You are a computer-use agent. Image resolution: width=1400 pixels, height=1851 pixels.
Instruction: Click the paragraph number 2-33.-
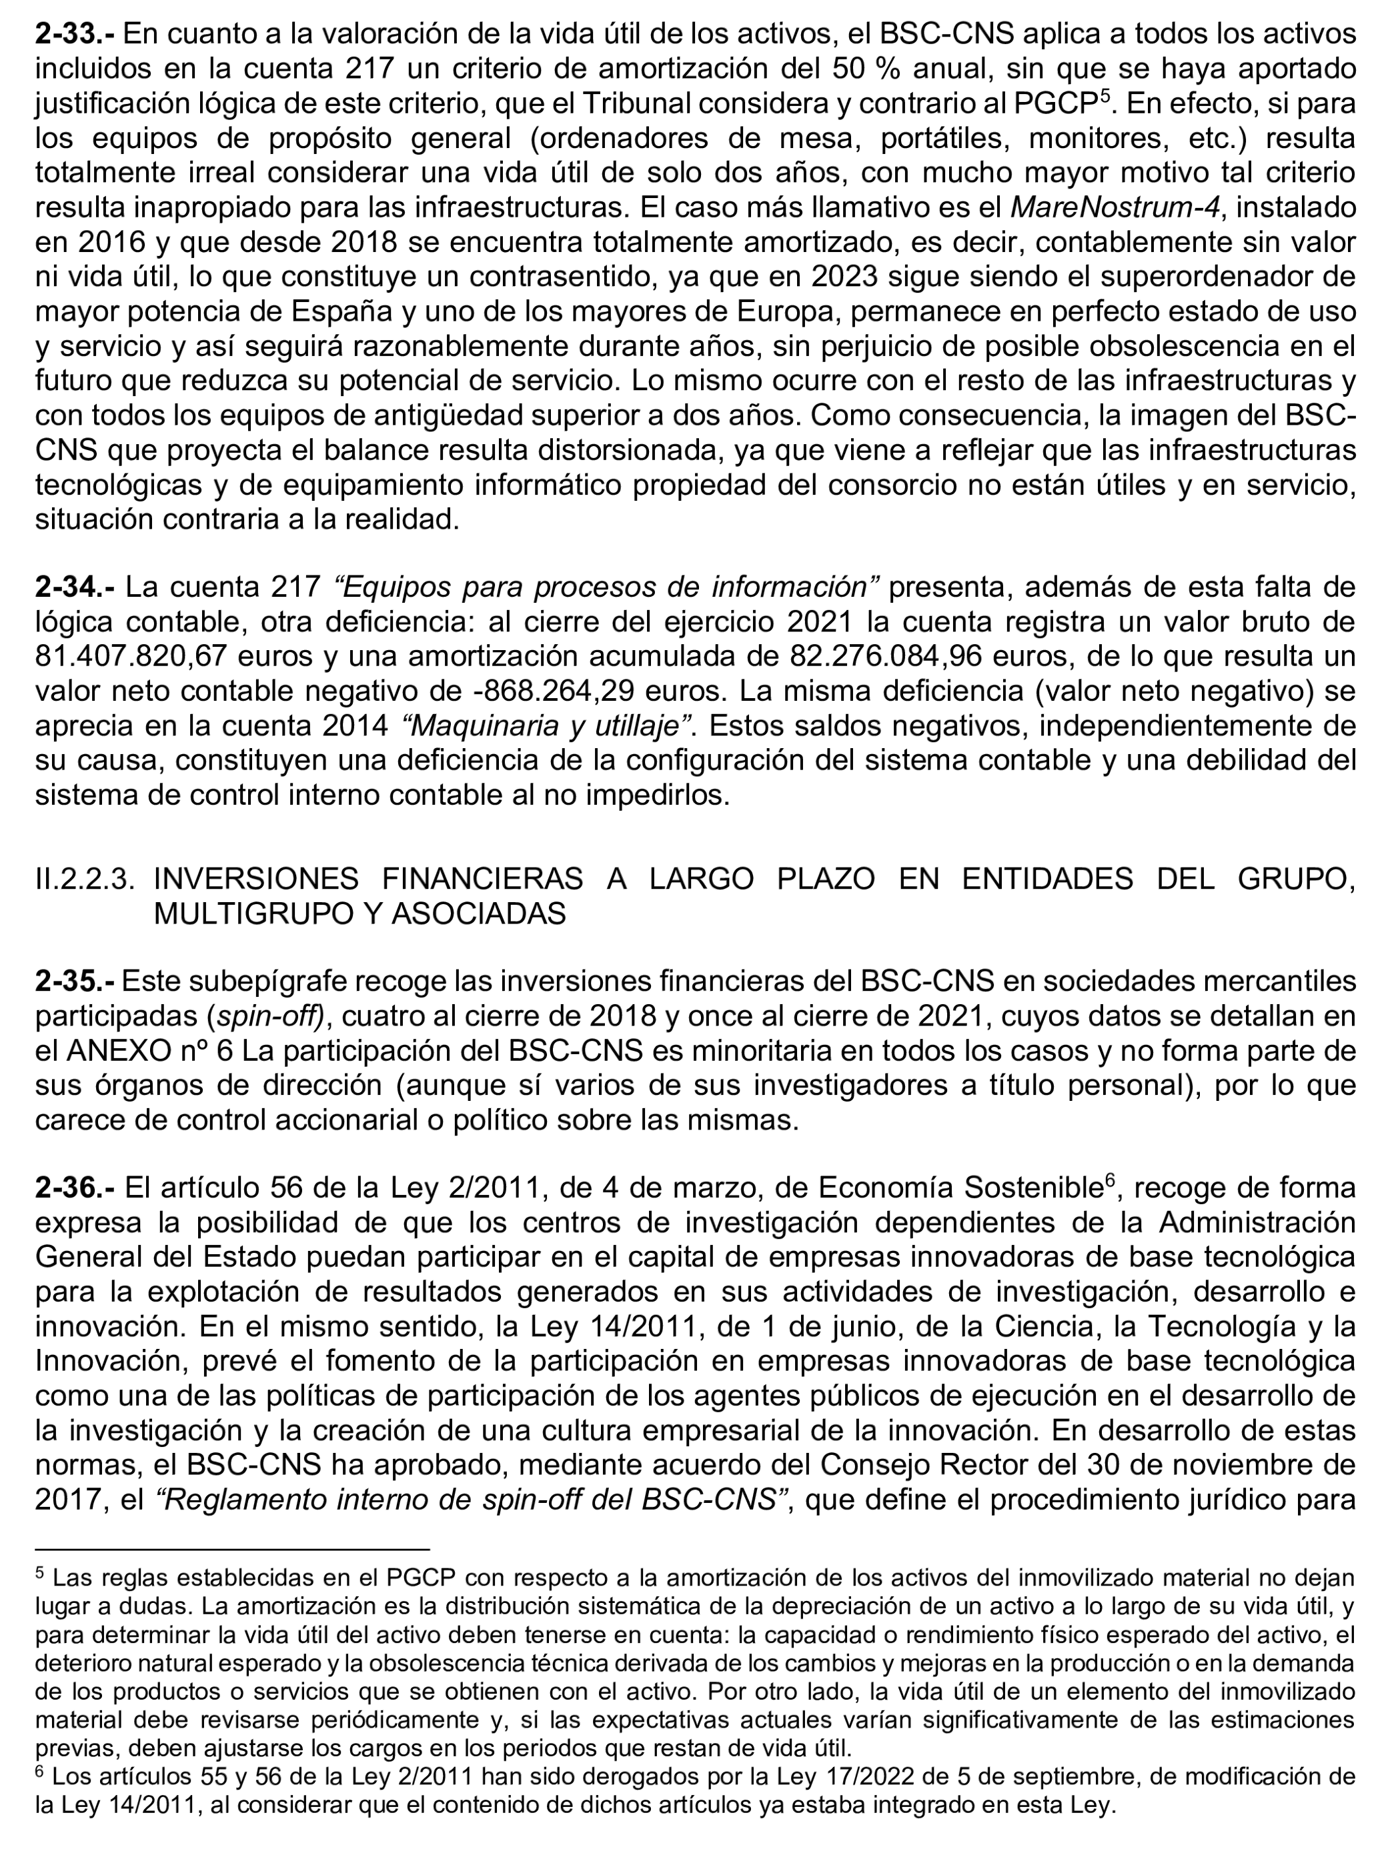[75, 34]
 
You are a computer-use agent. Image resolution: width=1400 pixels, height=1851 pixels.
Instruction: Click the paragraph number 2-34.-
[75, 587]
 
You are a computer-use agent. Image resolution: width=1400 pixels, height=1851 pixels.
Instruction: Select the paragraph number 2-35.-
[75, 981]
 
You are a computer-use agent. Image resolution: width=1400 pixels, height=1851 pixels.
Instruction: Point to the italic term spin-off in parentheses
[269, 1016]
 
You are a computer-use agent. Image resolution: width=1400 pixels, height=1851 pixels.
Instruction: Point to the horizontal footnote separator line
[232, 1550]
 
